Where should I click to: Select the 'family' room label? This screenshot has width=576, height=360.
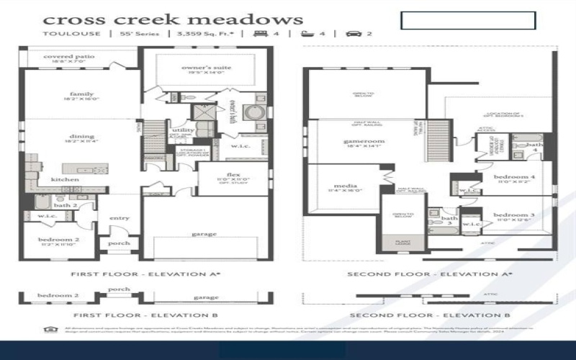(81, 94)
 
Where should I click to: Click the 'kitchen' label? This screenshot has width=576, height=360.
(65, 179)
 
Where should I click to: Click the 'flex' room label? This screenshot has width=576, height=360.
(233, 175)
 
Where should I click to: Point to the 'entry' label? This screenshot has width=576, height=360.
(119, 217)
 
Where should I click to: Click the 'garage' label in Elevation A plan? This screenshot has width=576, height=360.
(204, 233)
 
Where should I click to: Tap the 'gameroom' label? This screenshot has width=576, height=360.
(361, 142)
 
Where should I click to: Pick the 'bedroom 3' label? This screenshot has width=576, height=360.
(514, 215)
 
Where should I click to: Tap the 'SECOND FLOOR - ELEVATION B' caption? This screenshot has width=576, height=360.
(429, 315)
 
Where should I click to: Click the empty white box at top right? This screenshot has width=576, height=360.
(468, 20)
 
